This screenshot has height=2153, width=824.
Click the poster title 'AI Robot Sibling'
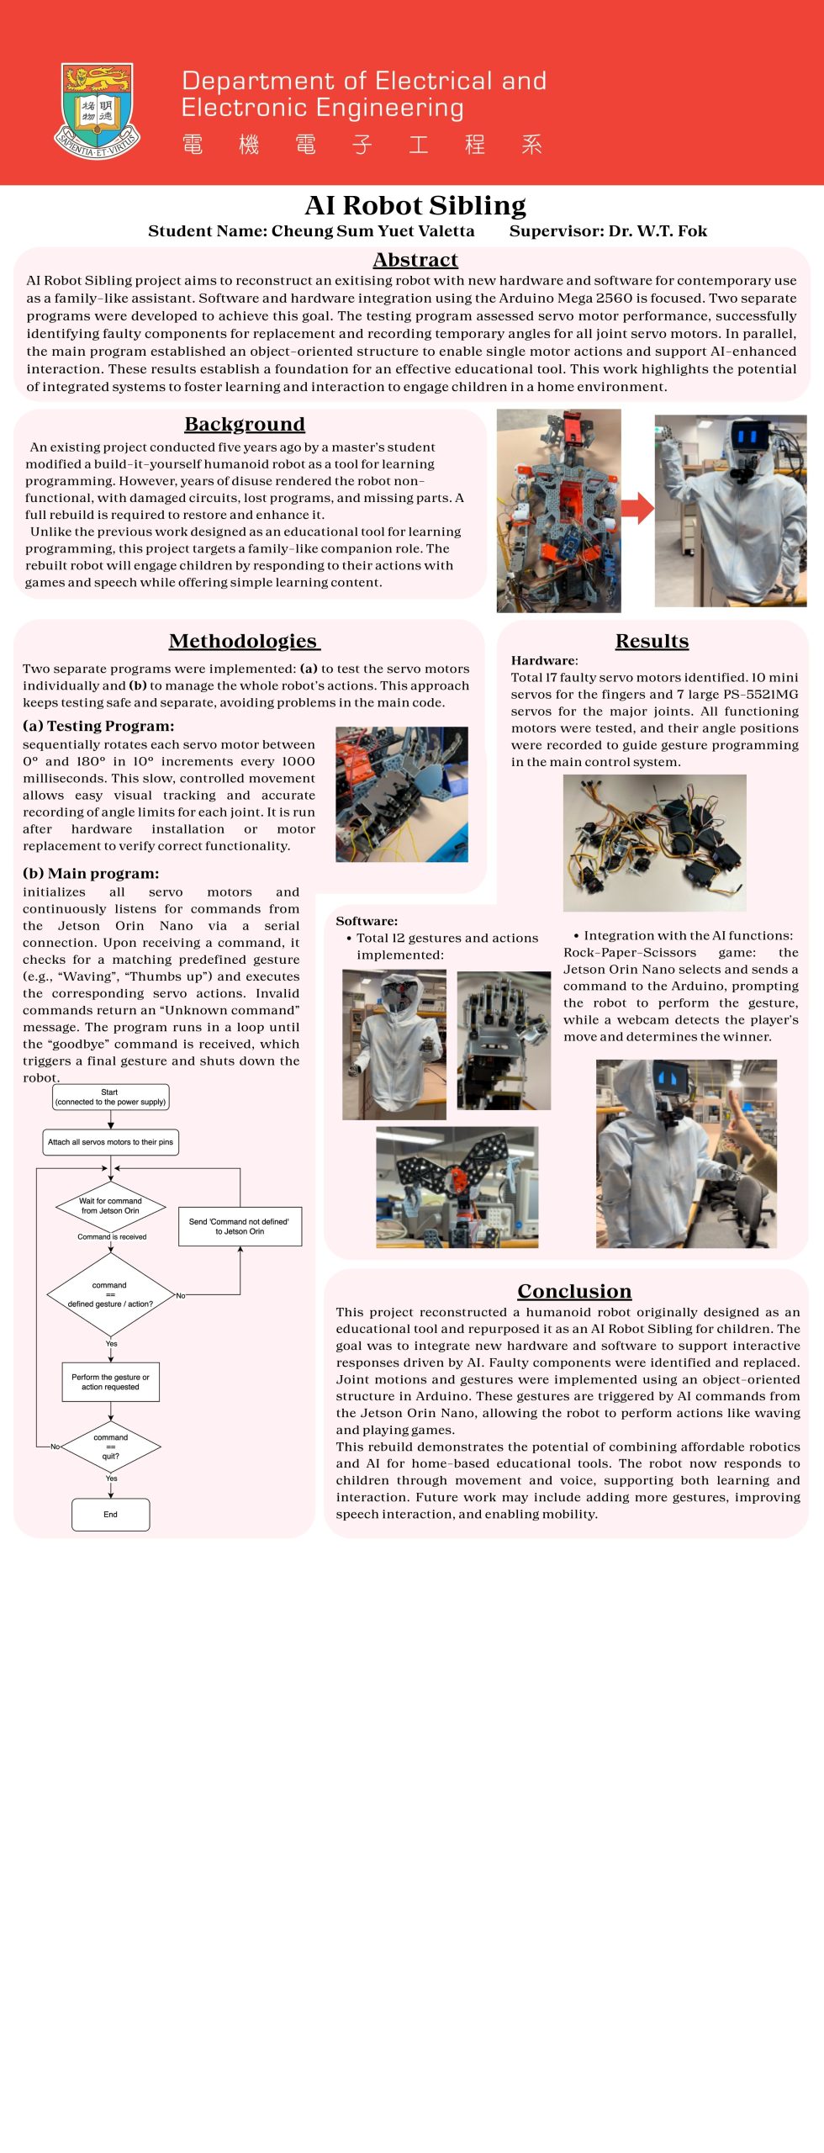click(415, 205)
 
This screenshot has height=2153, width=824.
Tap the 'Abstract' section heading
click(415, 260)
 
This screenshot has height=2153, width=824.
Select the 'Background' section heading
click(245, 424)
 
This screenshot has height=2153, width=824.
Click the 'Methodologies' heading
click(244, 641)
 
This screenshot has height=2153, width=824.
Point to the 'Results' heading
click(652, 641)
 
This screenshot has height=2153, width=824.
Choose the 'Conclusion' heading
click(574, 1291)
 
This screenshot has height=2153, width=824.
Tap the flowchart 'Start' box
click(110, 1097)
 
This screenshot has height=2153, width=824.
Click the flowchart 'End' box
click(110, 1514)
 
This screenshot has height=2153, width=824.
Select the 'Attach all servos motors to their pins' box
click(110, 1142)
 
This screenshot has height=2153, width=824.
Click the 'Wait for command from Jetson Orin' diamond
click(110, 1206)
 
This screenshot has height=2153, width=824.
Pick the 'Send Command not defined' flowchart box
click(240, 1226)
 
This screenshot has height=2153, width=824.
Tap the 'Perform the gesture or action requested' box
click(110, 1382)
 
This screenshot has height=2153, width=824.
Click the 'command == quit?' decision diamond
click(110, 1447)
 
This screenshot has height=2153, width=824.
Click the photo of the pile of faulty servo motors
click(654, 843)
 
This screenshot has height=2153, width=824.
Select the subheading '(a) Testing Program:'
click(98, 726)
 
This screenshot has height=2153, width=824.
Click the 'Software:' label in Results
click(367, 921)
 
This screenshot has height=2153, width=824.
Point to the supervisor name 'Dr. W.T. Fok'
click(658, 231)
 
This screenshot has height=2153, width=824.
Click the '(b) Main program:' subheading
click(91, 873)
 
